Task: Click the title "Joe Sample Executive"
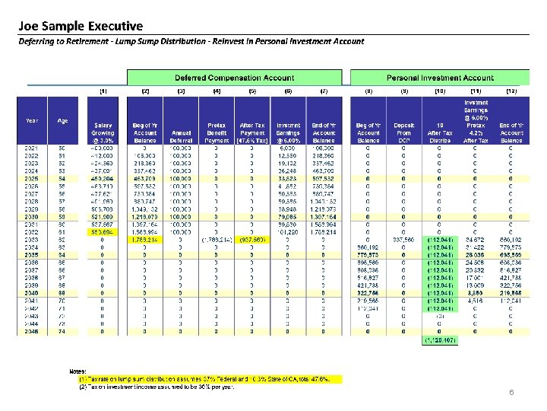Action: [x=81, y=26]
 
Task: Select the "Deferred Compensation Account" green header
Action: [x=234, y=78]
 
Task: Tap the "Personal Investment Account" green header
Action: [x=440, y=78]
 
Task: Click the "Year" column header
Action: [x=32, y=120]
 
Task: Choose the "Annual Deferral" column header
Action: [x=181, y=135]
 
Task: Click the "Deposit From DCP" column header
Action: [x=404, y=135]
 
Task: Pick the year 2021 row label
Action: [x=32, y=148]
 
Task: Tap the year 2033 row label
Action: [x=32, y=240]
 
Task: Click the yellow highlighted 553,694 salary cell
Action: [x=103, y=232]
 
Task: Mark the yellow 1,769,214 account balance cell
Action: [x=145, y=240]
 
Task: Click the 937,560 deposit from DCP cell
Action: [x=404, y=240]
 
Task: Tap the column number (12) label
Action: [x=511, y=91]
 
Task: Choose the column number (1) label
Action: [x=103, y=91]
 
